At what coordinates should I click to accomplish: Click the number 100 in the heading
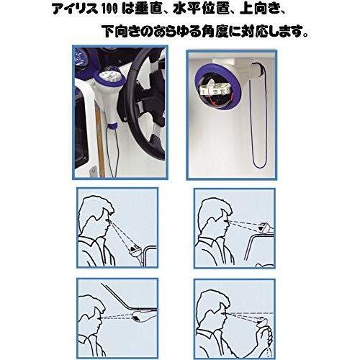110,10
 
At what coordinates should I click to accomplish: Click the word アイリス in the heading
75,10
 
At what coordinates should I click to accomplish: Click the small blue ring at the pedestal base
112,127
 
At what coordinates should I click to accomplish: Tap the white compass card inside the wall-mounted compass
214,89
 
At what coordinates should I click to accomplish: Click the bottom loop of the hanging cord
258,165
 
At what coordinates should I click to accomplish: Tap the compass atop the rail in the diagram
265,227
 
